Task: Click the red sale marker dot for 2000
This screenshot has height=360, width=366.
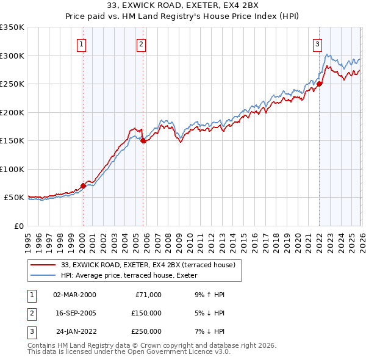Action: pyautogui.click(x=83, y=185)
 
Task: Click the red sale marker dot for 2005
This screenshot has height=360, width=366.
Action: pyautogui.click(x=143, y=140)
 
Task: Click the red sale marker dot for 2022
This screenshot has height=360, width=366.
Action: pyautogui.click(x=319, y=84)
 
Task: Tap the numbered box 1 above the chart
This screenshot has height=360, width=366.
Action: pyautogui.click(x=82, y=44)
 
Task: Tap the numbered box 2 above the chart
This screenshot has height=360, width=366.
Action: pyautogui.click(x=141, y=44)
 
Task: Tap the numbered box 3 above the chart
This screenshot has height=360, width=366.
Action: pyautogui.click(x=318, y=44)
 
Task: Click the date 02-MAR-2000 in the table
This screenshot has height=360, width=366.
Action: pyautogui.click(x=74, y=295)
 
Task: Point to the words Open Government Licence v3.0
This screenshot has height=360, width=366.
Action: pyautogui.click(x=179, y=352)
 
